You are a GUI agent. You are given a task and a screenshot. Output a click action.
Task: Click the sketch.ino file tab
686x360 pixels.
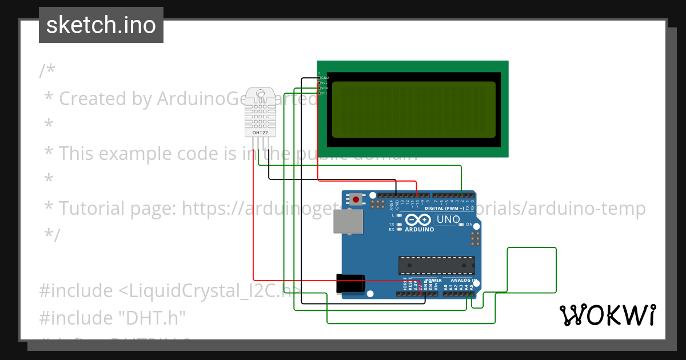(101, 25)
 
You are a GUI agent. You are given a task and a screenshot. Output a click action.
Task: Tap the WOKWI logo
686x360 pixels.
(607, 315)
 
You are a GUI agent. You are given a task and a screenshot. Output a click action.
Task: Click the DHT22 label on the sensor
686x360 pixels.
(260, 133)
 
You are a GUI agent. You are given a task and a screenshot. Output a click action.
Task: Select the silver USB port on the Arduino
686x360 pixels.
(348, 222)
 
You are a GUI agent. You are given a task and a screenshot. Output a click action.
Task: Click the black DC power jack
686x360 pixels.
(350, 284)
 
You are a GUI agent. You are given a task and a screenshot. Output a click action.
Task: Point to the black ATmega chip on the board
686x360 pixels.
(436, 265)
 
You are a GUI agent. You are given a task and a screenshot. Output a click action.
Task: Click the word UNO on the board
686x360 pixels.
(448, 219)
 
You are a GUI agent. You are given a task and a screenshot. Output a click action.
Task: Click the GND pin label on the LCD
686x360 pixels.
(324, 78)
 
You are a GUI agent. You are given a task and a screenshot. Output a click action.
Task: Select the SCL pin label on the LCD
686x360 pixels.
(324, 93)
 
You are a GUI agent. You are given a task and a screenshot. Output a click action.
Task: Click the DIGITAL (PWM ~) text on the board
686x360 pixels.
(449, 208)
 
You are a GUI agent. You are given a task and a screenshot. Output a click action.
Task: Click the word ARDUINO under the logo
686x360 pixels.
(419, 230)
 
